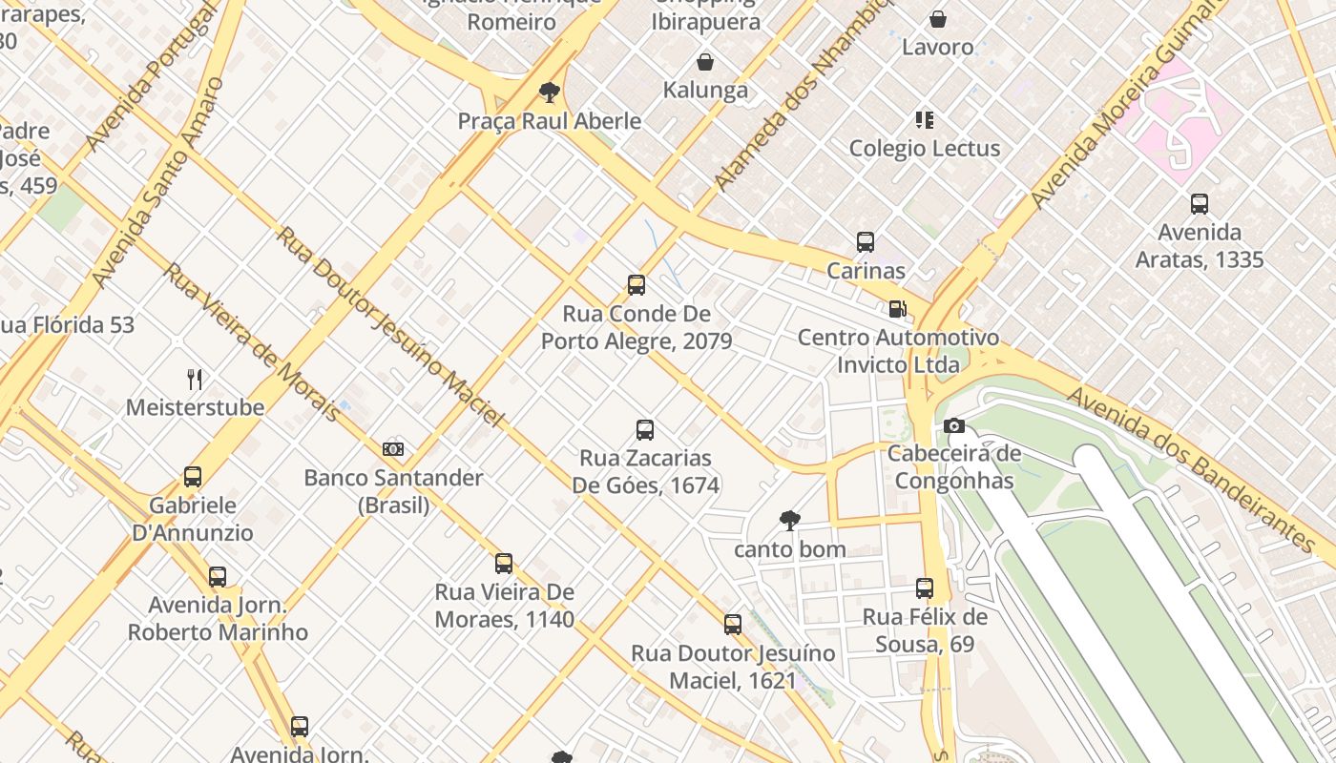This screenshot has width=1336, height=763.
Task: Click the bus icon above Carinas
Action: click(866, 242)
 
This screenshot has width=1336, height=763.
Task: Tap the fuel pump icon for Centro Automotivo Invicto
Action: click(897, 308)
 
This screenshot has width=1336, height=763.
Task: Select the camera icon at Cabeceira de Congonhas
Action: click(953, 425)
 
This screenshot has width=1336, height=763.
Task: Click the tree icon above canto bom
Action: click(789, 520)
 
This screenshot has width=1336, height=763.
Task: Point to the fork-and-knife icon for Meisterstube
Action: click(195, 380)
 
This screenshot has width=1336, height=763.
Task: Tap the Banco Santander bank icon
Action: click(393, 448)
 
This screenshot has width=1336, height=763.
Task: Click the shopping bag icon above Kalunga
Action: click(705, 62)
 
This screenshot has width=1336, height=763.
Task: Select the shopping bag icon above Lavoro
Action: click(938, 18)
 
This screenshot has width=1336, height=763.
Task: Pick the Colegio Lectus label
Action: click(925, 148)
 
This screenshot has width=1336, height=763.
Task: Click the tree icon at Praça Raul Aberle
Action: click(549, 93)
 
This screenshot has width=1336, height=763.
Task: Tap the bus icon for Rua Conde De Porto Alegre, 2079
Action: click(637, 284)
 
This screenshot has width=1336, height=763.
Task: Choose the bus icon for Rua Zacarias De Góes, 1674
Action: click(645, 430)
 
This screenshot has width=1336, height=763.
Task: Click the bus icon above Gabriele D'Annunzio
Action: click(193, 477)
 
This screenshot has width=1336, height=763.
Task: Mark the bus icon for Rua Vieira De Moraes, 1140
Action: click(504, 564)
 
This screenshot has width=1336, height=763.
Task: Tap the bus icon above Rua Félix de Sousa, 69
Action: click(925, 588)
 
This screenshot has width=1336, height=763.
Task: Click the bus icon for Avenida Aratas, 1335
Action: click(1200, 204)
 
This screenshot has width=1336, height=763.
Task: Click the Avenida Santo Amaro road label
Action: click(157, 181)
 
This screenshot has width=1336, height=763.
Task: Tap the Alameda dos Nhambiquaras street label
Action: click(802, 95)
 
